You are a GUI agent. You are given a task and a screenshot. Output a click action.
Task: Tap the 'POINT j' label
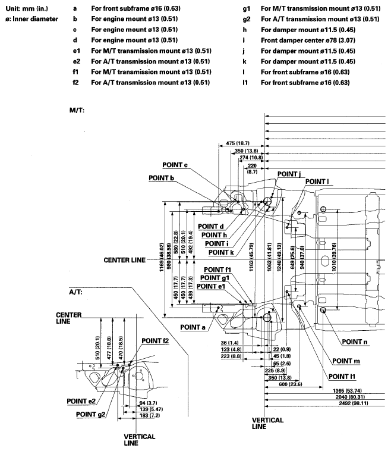tap(289, 173)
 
